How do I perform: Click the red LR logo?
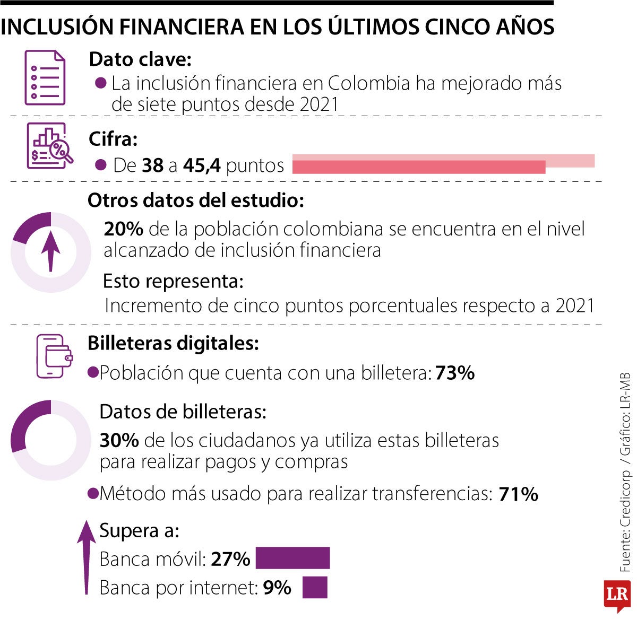click(617, 595)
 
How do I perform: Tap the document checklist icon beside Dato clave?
click(45, 77)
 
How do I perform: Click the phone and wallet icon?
click(54, 356)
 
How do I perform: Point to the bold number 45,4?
click(202, 166)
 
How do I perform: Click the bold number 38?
click(153, 166)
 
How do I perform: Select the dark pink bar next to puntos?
click(418, 167)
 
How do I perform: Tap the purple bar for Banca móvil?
click(292, 558)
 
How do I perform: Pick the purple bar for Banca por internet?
click(315, 588)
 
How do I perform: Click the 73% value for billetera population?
click(455, 373)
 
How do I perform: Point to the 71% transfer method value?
click(519, 494)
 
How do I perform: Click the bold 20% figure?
click(123, 229)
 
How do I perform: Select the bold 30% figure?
click(119, 440)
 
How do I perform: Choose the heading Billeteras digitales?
click(173, 343)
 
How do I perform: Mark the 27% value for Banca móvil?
click(230, 559)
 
